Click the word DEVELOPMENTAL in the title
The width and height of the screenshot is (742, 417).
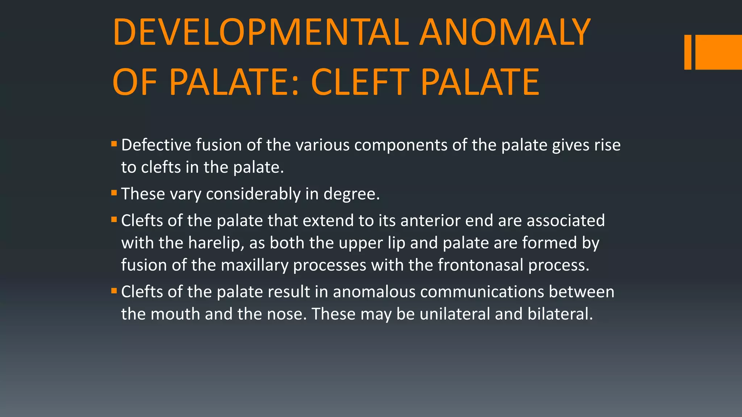(261, 33)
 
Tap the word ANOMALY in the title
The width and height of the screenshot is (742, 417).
(505, 33)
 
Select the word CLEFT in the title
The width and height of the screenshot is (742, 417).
(360, 83)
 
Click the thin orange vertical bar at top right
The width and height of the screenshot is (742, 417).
(688, 52)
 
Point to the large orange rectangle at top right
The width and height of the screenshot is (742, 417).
(718, 52)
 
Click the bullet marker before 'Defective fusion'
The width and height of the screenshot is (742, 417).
(114, 144)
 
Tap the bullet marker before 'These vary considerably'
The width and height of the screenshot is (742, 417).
(114, 193)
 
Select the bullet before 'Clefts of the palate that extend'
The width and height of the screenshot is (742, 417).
(114, 219)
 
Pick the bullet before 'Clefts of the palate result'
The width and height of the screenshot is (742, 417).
(114, 291)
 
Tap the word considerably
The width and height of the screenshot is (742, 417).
(253, 194)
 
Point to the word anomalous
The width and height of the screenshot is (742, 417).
(374, 292)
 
